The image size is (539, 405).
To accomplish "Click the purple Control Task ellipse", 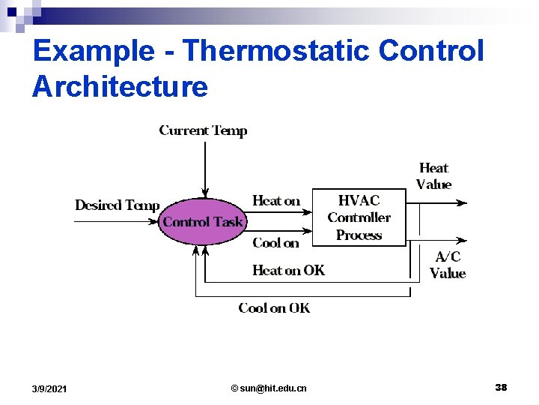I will click(203, 221).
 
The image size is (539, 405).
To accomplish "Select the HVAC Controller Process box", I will click(359, 217).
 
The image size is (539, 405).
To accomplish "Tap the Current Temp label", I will click(203, 130).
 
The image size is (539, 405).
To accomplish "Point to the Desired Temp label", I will click(117, 205).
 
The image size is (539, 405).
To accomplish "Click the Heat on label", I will click(276, 200).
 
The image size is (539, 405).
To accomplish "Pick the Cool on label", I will click(275, 242).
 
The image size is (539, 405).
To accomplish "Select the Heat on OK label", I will click(288, 270).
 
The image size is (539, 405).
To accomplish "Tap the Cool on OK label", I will click(274, 307).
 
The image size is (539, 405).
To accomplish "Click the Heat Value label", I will click(433, 175).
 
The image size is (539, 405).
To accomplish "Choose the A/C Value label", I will click(448, 265).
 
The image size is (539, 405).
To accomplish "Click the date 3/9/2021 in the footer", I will click(49, 388).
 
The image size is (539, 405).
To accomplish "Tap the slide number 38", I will click(501, 387).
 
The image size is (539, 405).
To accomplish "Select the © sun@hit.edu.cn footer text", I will click(269, 388).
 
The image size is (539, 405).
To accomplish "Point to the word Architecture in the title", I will click(120, 86).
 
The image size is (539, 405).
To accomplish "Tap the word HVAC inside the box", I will click(359, 200).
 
